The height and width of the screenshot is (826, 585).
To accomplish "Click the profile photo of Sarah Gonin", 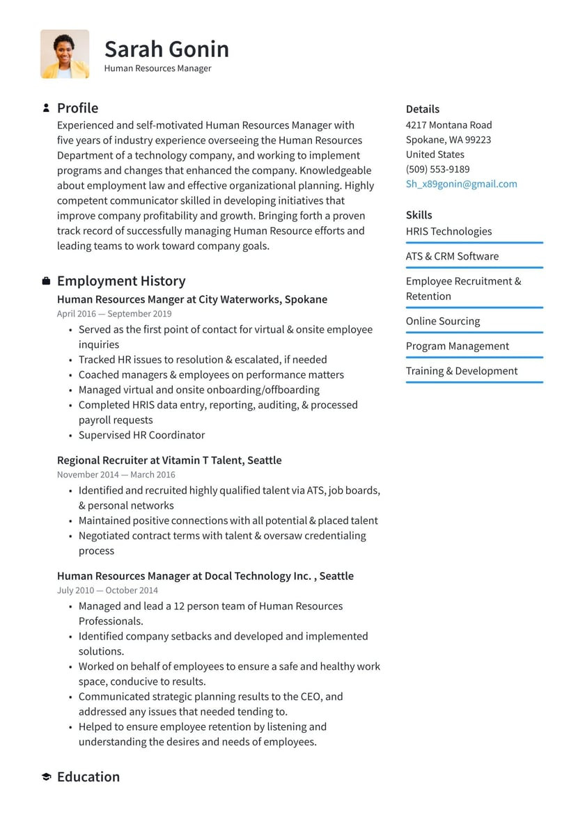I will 65,54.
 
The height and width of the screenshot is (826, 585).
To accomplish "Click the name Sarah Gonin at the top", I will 166,49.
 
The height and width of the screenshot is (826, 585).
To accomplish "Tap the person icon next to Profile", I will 46,108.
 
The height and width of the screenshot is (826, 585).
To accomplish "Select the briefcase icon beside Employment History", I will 46,281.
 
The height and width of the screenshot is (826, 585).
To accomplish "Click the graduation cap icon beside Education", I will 46,777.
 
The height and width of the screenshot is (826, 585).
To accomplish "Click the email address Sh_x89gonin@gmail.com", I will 461,184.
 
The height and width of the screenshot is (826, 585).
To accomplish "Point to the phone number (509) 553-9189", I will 437,169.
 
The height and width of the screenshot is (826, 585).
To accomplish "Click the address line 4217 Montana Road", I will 448,125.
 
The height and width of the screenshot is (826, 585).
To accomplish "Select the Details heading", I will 422,109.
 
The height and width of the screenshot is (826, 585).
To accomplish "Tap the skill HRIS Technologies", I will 448,231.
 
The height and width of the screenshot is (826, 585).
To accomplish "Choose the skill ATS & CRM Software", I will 452,256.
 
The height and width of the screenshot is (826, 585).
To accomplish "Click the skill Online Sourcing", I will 443,321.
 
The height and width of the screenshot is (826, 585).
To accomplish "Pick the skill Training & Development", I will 461,371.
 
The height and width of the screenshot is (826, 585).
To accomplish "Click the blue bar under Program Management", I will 474,358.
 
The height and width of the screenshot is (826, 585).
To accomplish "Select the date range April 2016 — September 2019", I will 114,314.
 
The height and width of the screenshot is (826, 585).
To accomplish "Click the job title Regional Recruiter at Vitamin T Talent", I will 169,460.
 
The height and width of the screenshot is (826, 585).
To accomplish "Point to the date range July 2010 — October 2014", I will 107,590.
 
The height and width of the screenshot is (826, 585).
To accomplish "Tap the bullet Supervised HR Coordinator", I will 141,435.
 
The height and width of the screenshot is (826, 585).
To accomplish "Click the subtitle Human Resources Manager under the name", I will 157,68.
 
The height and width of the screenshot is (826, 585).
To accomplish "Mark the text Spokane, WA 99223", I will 448,140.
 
